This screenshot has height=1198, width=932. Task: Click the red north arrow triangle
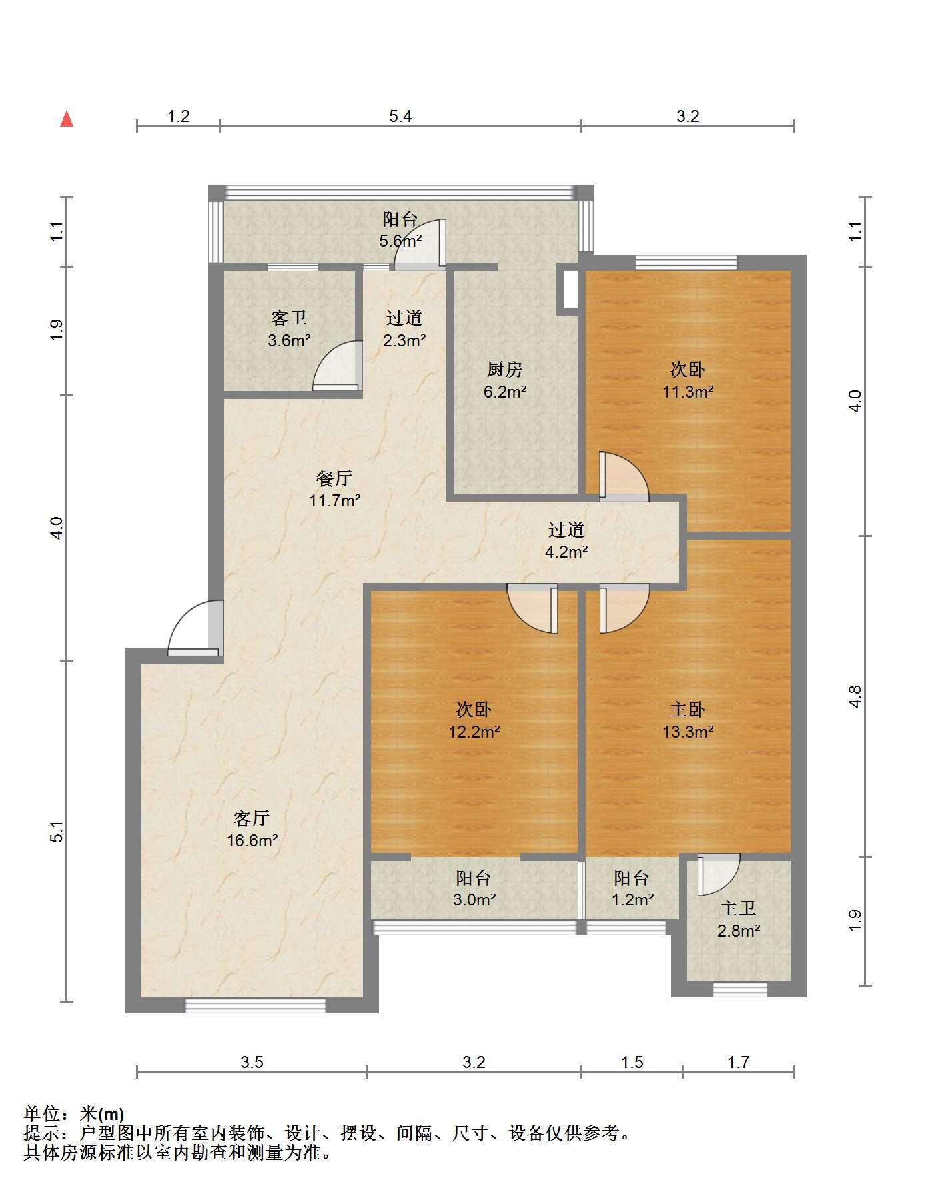(x=67, y=119)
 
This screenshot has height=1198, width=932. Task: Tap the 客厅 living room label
(x=252, y=818)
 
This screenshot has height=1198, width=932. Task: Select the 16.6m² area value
(x=252, y=841)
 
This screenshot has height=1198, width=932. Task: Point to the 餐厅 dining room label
(x=334, y=478)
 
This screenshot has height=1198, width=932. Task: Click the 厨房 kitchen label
(x=505, y=369)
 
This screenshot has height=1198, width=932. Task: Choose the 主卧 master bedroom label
(x=688, y=710)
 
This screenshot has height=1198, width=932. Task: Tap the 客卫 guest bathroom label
(x=289, y=318)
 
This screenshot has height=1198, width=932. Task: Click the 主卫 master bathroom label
(x=738, y=908)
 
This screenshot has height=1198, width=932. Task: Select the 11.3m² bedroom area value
(x=688, y=392)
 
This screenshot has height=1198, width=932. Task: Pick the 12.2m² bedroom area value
(x=474, y=732)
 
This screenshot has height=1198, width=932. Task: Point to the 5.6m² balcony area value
(x=400, y=241)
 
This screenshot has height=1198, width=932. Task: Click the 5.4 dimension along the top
(x=400, y=117)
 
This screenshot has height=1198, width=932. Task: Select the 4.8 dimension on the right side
(x=856, y=696)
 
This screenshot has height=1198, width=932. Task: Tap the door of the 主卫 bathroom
(x=718, y=875)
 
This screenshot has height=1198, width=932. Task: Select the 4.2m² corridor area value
(x=566, y=552)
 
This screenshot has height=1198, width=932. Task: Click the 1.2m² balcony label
(x=632, y=900)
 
